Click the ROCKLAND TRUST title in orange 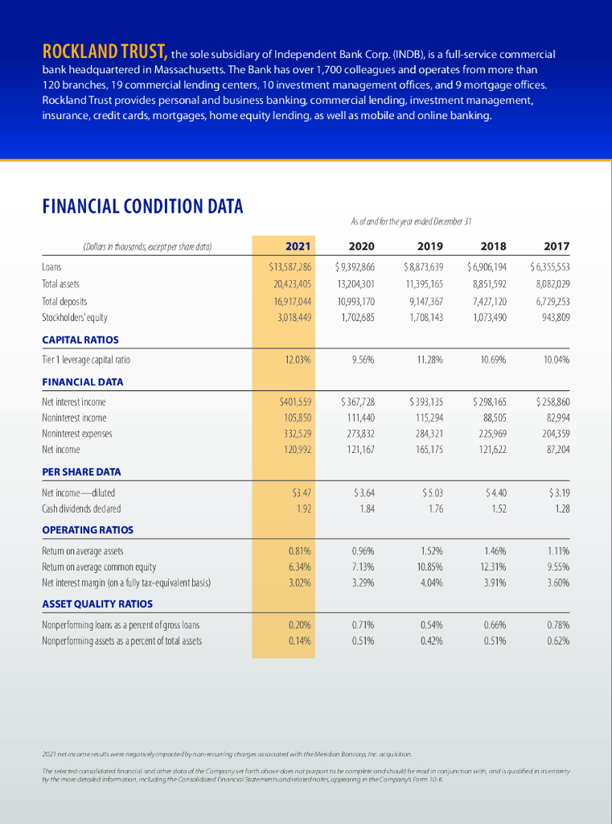click(x=105, y=55)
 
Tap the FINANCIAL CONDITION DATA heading click(x=142, y=207)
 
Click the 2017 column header click(x=557, y=245)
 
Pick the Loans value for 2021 click(x=290, y=266)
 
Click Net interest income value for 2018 click(x=489, y=401)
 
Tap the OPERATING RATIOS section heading click(x=88, y=529)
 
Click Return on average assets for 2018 click(x=494, y=551)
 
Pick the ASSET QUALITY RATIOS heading click(x=97, y=604)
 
